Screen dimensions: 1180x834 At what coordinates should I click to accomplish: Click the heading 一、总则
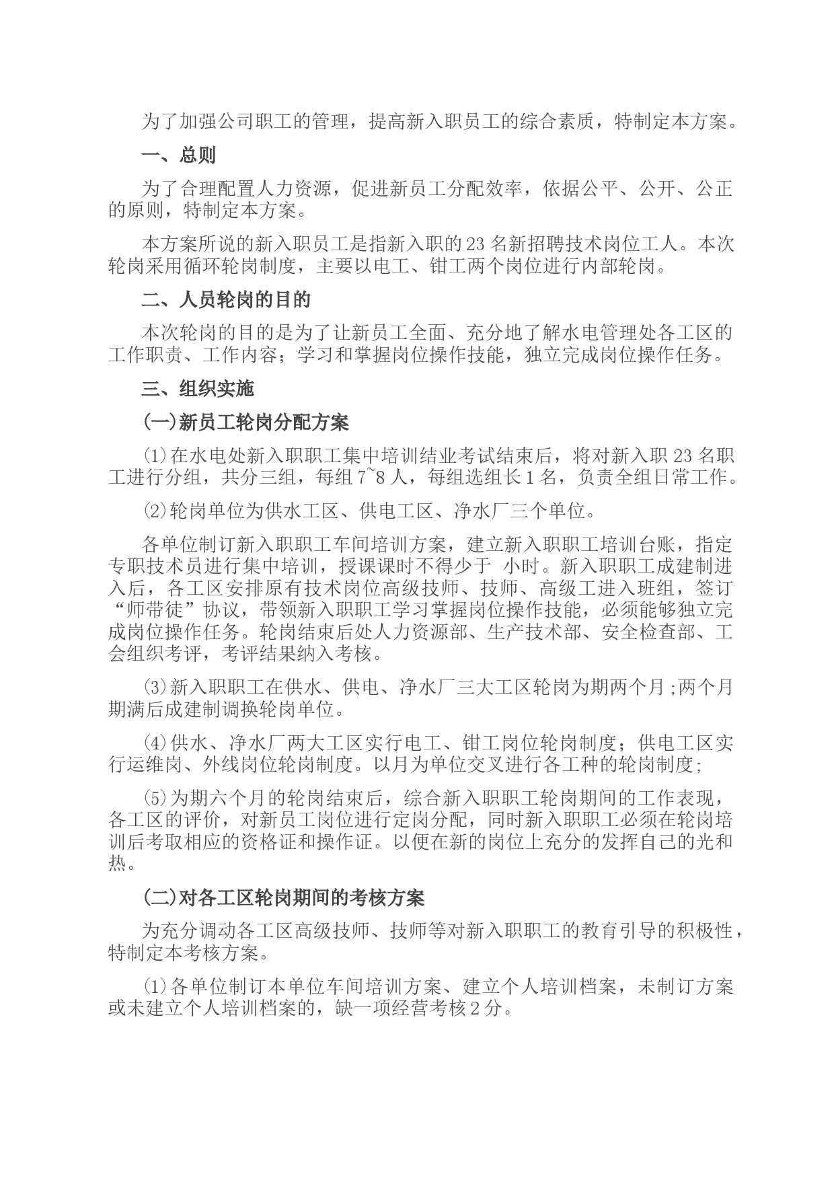coord(178,156)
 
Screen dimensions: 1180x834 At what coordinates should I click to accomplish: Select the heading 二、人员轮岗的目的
coord(226,299)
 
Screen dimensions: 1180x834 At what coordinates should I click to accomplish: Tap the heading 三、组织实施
coord(197,389)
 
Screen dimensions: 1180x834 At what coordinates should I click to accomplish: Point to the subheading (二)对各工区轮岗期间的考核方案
coord(282,897)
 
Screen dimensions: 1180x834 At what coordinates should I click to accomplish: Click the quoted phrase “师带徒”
coord(145,611)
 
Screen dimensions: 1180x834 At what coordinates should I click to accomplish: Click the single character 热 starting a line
coord(117,864)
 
